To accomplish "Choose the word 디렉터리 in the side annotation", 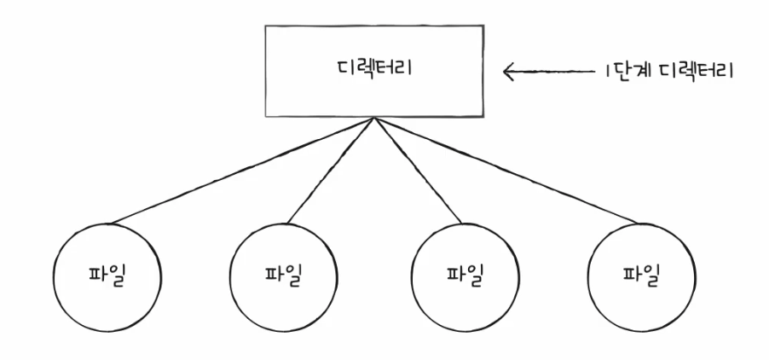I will pyautogui.click(x=695, y=69).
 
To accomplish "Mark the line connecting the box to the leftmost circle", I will pyautogui.click(x=243, y=171).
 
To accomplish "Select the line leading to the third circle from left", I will pyautogui.click(x=418, y=171).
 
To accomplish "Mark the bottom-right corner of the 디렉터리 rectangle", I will pyautogui.click(x=482, y=117).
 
